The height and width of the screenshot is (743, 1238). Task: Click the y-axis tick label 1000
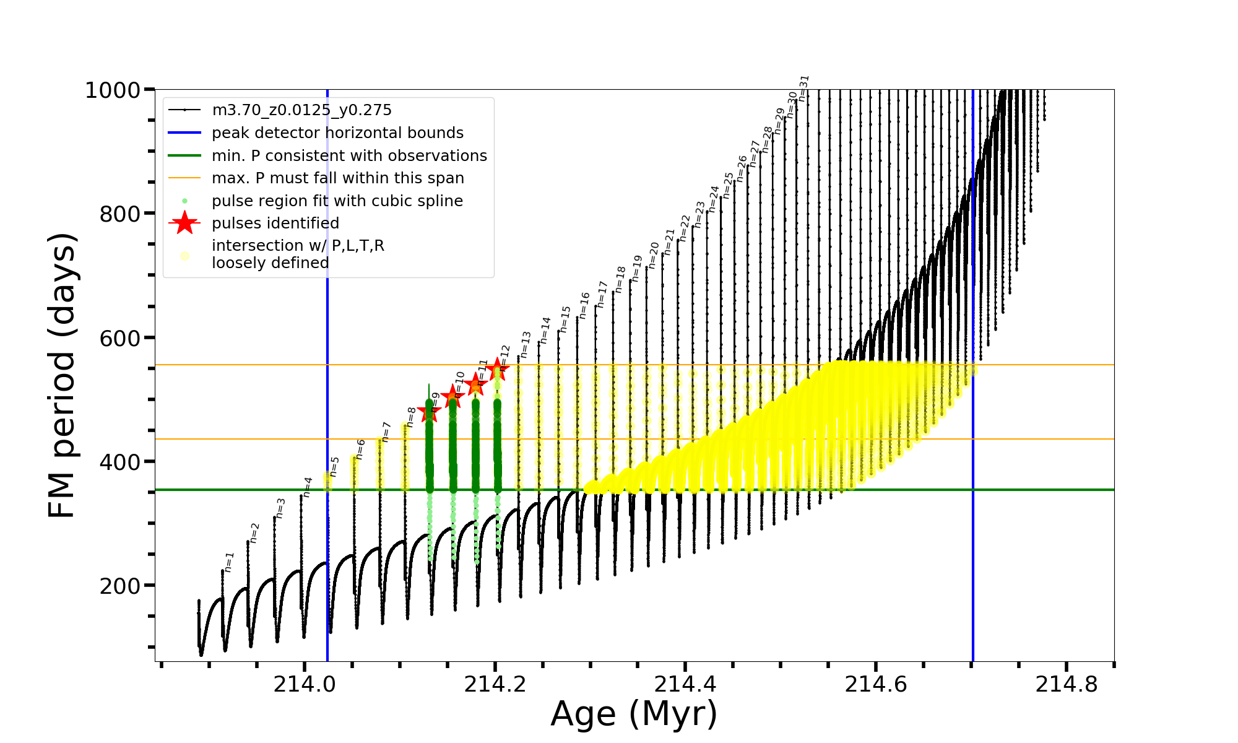pyautogui.click(x=113, y=90)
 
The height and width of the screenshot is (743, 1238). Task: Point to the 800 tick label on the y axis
pyautogui.click(x=119, y=214)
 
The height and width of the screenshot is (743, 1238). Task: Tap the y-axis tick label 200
pyautogui.click(x=119, y=586)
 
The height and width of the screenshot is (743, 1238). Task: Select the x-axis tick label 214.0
pyautogui.click(x=304, y=684)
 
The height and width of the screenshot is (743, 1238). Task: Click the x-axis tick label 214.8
pyautogui.click(x=1066, y=684)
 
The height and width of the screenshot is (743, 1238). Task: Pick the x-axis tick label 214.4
pyautogui.click(x=685, y=684)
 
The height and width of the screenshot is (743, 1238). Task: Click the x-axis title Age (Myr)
pyautogui.click(x=634, y=714)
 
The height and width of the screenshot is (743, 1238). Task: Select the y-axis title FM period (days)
pyautogui.click(x=63, y=375)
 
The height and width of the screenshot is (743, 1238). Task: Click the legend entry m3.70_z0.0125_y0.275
pyautogui.click(x=301, y=110)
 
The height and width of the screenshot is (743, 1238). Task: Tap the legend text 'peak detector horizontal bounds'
pyautogui.click(x=337, y=133)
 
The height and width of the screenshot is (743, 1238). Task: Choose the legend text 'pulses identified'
pyautogui.click(x=275, y=224)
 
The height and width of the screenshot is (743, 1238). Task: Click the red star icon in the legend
pyautogui.click(x=184, y=223)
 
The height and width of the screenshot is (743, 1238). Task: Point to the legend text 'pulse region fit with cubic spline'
pyautogui.click(x=337, y=201)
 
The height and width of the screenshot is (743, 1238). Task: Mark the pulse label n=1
pyautogui.click(x=229, y=562)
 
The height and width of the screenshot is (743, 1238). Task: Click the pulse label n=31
pyautogui.click(x=803, y=89)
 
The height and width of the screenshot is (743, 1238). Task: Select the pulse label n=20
pyautogui.click(x=654, y=254)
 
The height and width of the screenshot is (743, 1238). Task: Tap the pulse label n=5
pyautogui.click(x=334, y=467)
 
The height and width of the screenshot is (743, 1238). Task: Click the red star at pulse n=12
pyautogui.click(x=497, y=370)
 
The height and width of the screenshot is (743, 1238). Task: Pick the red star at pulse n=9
pyautogui.click(x=429, y=412)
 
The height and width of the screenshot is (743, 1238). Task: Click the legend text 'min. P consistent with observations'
pyautogui.click(x=349, y=156)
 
